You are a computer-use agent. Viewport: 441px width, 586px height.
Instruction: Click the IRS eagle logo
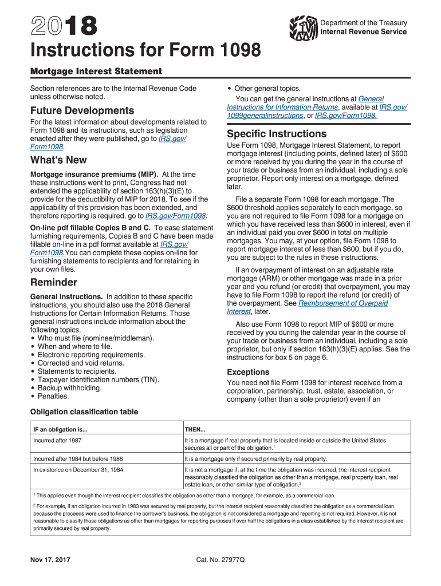coord(304,26)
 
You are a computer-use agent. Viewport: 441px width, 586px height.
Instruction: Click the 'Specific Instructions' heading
coord(277,134)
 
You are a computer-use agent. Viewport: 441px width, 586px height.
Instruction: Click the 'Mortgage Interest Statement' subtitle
coord(96,72)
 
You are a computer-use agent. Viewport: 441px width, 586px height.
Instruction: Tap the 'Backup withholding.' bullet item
coord(69,387)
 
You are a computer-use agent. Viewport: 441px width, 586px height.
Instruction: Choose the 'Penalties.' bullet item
coord(53,396)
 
